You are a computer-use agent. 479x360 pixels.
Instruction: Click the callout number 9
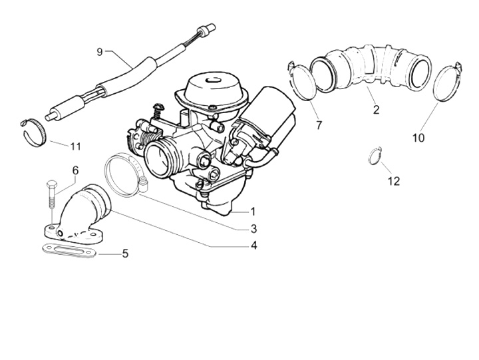pyautogui.click(x=100, y=52)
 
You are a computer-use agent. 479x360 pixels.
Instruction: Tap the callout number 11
pyautogui.click(x=75, y=146)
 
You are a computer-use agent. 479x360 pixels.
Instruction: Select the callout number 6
pyautogui.click(x=75, y=171)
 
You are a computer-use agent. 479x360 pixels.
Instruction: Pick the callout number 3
pyautogui.click(x=253, y=229)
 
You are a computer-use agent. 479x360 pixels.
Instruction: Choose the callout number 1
pyautogui.click(x=253, y=212)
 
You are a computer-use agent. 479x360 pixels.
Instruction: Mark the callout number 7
pyautogui.click(x=318, y=125)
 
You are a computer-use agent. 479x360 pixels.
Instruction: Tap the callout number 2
pyautogui.click(x=376, y=110)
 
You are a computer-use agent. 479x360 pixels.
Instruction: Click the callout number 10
pyautogui.click(x=418, y=138)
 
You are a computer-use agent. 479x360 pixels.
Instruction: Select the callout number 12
pyautogui.click(x=394, y=181)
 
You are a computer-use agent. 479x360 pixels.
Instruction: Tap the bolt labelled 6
pyautogui.click(x=51, y=200)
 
